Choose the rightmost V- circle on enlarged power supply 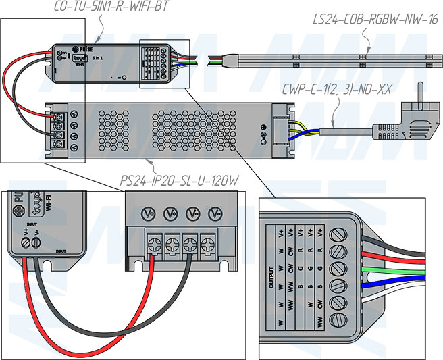point(215,213)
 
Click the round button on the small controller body point(124,77)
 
